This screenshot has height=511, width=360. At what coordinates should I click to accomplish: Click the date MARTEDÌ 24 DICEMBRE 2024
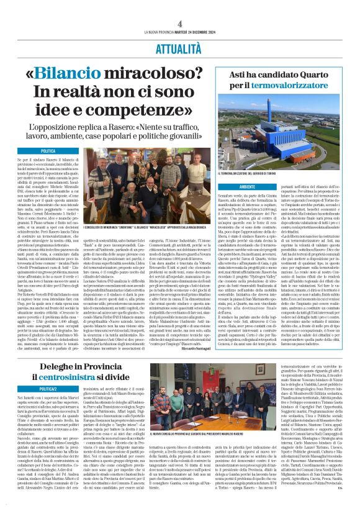pyautogui.click(x=204, y=32)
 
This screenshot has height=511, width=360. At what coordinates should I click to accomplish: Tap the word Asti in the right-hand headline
pyautogui.click(x=231, y=79)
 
